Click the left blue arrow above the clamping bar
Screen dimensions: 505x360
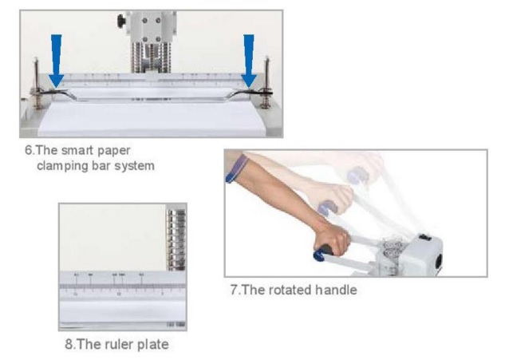[57, 61]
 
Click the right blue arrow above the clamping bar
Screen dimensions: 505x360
[249, 61]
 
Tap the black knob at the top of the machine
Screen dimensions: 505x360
[122, 20]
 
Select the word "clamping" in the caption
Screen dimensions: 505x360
[62, 166]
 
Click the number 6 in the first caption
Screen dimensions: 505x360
[29, 150]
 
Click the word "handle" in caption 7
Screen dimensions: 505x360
[336, 290]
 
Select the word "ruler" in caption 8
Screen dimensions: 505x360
[119, 344]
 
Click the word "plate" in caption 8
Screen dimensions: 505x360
[153, 345]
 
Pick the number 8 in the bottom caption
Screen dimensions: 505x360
[69, 344]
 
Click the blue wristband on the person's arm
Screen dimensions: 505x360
[237, 168]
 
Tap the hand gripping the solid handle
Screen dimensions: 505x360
[334, 238]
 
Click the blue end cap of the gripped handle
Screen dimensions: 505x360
[319, 255]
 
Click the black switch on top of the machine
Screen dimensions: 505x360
[425, 238]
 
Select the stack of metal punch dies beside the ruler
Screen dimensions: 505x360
[176, 239]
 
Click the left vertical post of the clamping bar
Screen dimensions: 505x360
[37, 83]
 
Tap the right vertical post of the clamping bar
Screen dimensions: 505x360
[266, 82]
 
